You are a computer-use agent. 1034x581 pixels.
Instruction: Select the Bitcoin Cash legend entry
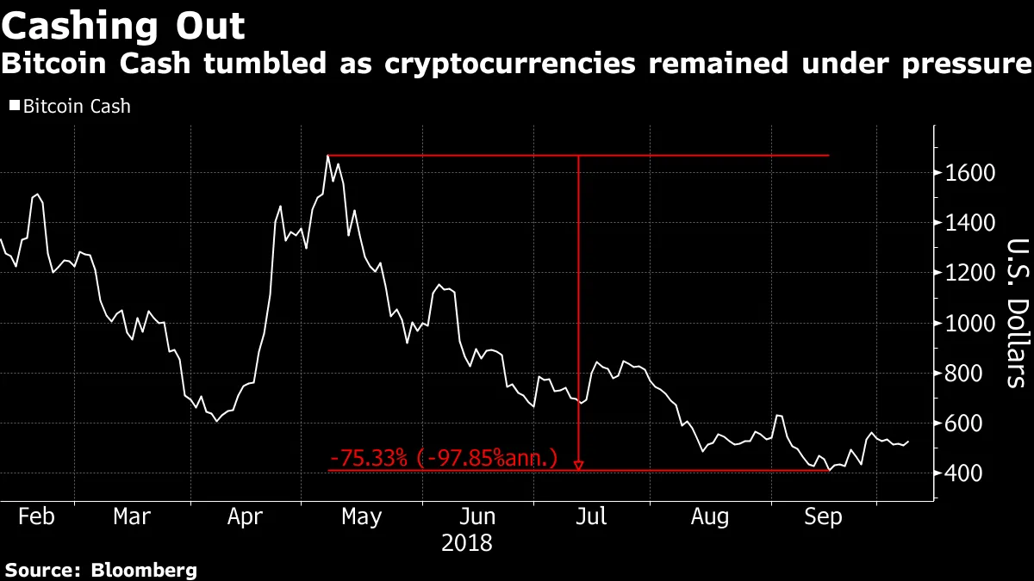[x=70, y=107]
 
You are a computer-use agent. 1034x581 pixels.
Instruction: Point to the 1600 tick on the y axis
[x=970, y=173]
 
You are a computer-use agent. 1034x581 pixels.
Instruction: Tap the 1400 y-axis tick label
[x=970, y=223]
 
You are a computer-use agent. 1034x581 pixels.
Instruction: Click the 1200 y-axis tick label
[x=970, y=273]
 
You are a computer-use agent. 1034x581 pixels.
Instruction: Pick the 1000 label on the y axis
[x=970, y=323]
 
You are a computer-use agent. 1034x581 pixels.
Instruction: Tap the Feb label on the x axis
[x=36, y=516]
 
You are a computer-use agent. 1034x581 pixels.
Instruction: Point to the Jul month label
[x=591, y=516]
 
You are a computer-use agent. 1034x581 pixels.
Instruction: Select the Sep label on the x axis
[x=822, y=516]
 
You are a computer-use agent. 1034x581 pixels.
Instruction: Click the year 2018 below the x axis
[x=466, y=544]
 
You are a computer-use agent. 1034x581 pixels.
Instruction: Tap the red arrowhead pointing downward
[x=578, y=466]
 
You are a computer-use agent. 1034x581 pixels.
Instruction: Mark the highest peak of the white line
[x=328, y=156]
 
